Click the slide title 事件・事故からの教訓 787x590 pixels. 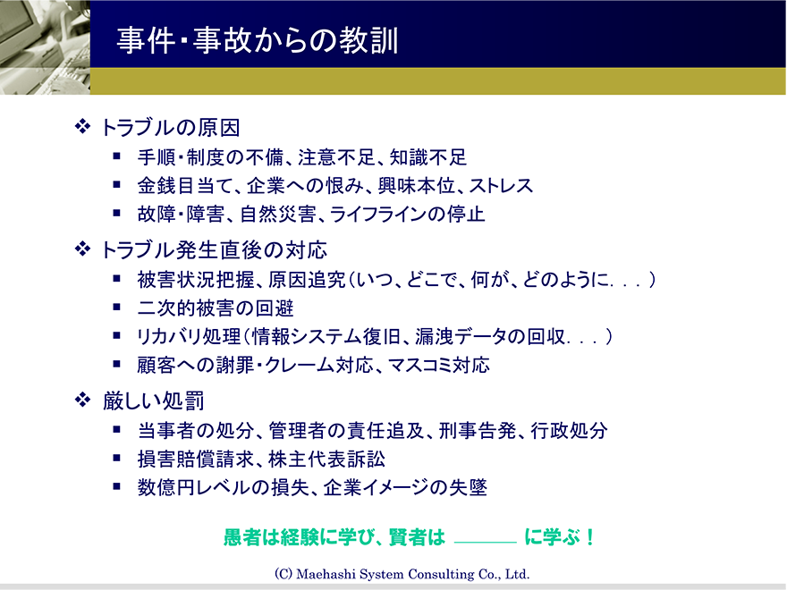(x=258, y=40)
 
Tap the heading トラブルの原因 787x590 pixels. (x=171, y=128)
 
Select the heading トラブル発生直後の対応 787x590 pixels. (x=215, y=249)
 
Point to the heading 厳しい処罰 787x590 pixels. (x=153, y=400)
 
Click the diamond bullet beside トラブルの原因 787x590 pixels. (x=82, y=126)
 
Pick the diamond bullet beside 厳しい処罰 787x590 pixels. (x=82, y=400)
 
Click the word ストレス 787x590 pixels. (x=501, y=186)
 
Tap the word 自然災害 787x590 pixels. (x=278, y=215)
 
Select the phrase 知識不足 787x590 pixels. (x=428, y=157)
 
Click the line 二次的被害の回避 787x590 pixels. (x=216, y=308)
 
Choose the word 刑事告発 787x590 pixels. (x=478, y=431)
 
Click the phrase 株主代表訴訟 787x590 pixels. (x=326, y=459)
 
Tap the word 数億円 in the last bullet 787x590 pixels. (x=166, y=488)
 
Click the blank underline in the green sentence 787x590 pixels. (x=485, y=543)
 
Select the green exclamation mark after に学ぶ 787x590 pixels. (x=589, y=537)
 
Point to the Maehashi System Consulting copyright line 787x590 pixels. (x=402, y=574)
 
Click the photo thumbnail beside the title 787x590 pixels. (x=46, y=47)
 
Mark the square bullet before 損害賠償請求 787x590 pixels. (x=117, y=458)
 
